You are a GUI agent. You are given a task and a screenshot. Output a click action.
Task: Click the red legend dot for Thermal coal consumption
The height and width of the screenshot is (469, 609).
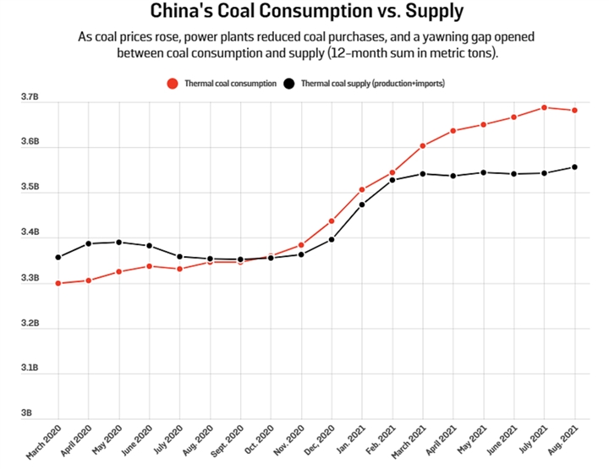(173, 84)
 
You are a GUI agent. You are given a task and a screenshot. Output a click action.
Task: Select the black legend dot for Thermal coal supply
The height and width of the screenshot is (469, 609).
(290, 84)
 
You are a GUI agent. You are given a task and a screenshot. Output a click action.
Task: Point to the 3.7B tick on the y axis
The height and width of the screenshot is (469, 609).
(30, 99)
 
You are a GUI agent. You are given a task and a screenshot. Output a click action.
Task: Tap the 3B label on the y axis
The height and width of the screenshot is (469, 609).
(26, 414)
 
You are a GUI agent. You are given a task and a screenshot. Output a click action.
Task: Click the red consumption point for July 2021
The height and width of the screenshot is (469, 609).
(545, 107)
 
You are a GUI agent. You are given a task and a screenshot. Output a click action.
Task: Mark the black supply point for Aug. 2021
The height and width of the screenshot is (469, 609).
(575, 166)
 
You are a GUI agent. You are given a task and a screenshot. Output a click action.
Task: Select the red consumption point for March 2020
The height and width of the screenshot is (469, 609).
(58, 283)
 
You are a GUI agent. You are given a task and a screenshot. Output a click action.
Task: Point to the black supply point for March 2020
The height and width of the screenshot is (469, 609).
(58, 257)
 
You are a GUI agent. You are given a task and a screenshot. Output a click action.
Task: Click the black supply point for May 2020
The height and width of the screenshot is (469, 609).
(118, 242)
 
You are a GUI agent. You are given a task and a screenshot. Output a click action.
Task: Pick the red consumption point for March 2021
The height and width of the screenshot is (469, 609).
(423, 145)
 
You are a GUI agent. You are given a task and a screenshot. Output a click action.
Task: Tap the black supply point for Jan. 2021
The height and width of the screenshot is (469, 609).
(362, 205)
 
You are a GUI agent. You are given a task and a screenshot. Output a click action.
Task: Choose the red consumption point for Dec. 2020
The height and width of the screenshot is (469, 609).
(332, 221)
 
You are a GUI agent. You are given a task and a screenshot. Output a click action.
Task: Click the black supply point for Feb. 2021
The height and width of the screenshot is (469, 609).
(392, 180)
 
